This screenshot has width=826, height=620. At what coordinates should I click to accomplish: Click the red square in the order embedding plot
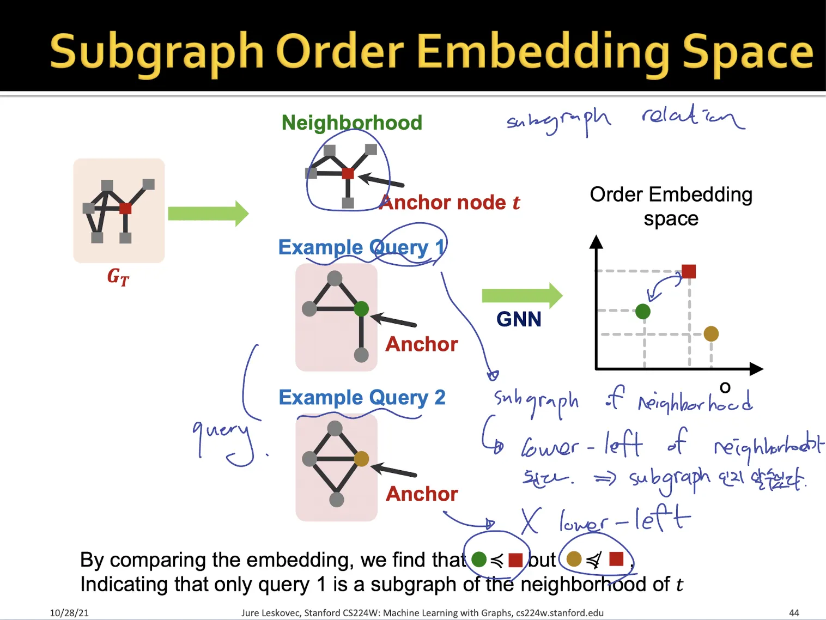pos(689,271)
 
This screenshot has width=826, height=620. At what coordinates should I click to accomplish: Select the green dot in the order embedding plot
pos(643,312)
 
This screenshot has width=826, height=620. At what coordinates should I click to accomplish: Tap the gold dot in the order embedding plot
pos(711,333)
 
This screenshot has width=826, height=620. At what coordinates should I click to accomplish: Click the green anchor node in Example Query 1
pos(361,309)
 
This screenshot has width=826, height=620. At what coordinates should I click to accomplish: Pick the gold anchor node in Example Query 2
pos(361,459)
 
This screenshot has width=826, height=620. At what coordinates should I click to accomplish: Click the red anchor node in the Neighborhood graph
pos(348,174)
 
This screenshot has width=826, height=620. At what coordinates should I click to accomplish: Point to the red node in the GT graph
pos(125,208)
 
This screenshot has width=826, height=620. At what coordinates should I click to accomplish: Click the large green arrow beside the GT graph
pos(208,214)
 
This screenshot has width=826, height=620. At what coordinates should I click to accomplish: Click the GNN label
pos(519,319)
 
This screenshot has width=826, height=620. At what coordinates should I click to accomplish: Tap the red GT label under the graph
pos(118,277)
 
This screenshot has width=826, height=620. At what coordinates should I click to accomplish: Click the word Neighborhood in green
pos(352,123)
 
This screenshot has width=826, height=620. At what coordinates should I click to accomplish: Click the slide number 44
pos(794,613)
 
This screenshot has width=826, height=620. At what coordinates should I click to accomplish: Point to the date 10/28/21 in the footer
pos(69,613)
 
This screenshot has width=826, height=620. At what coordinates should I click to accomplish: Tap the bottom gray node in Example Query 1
pos(361,355)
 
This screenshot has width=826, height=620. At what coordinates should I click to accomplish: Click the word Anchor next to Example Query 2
pos(422,494)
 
